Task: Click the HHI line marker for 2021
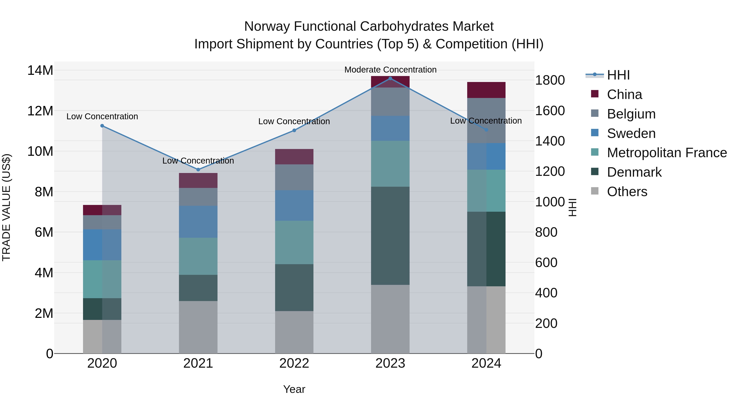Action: click(x=198, y=169)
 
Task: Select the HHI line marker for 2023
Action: click(x=390, y=78)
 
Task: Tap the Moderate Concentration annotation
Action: click(x=390, y=70)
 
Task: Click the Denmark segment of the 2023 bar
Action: click(x=390, y=235)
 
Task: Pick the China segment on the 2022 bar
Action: click(x=294, y=156)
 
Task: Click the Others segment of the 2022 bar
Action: click(x=294, y=332)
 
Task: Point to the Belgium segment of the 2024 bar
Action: click(x=486, y=120)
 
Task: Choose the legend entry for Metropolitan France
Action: click(x=667, y=153)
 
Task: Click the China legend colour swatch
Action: click(x=595, y=94)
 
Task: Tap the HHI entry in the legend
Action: click(x=618, y=75)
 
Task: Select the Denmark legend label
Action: click(x=634, y=172)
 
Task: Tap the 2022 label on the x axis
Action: click(x=294, y=363)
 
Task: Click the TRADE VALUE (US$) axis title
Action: click(x=6, y=207)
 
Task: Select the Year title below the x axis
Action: click(x=294, y=389)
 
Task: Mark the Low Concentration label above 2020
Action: click(x=102, y=117)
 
